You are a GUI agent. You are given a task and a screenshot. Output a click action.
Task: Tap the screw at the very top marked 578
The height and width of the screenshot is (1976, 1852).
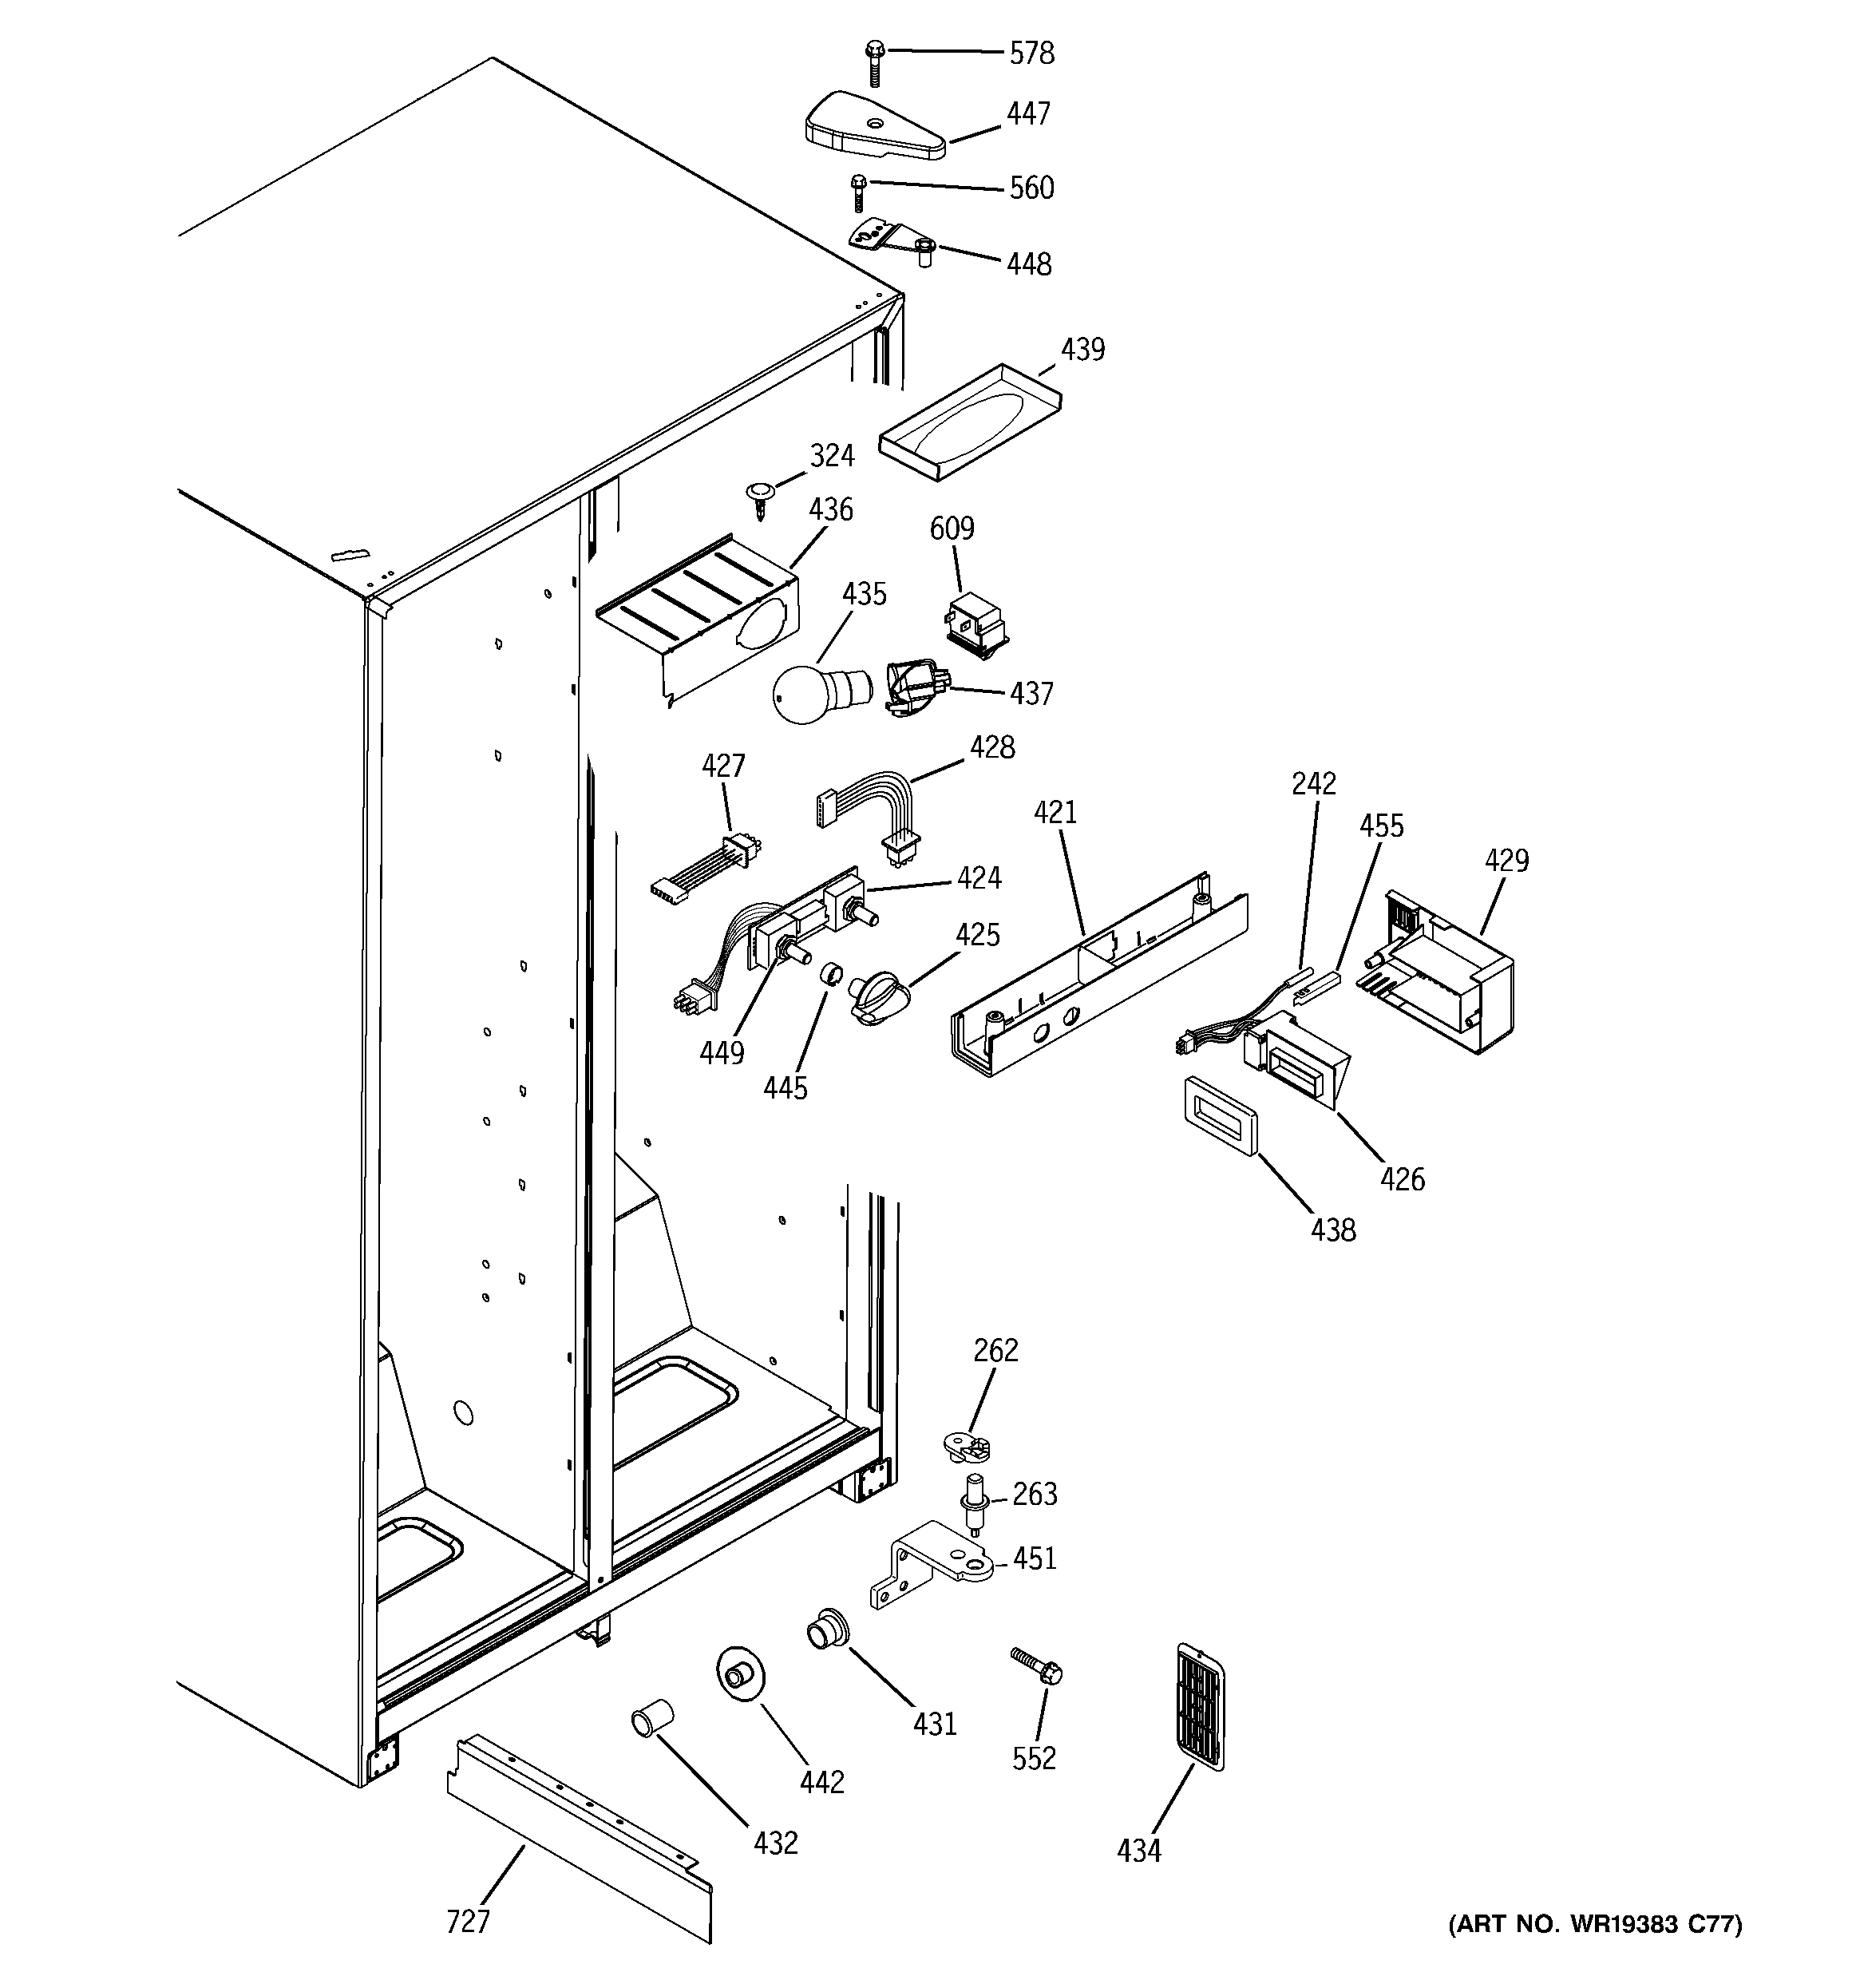point(875,61)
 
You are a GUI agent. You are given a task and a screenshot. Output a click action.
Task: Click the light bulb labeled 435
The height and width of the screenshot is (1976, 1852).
point(809,691)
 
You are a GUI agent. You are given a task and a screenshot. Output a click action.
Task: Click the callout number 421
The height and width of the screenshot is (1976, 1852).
point(1055,813)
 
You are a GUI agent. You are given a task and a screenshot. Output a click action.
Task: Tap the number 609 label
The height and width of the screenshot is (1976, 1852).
point(952,529)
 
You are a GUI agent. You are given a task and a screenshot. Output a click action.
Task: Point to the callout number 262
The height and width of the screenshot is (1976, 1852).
point(995,1350)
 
